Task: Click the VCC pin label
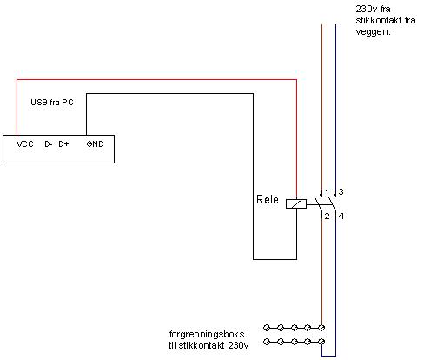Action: coord(25,144)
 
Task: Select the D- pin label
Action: coord(49,144)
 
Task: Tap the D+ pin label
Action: coord(63,144)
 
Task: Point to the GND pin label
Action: coord(95,144)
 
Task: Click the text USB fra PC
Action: coord(52,103)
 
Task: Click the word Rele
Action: coord(268,199)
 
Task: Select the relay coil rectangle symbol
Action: coord(296,204)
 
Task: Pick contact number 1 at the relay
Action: coord(328,192)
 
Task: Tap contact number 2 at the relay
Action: coord(327,217)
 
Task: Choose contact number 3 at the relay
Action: coord(341,192)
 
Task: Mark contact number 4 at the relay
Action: coord(341,217)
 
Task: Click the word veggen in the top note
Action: coord(372,32)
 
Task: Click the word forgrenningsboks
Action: coord(207,334)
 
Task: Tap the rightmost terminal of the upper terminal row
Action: coord(321,328)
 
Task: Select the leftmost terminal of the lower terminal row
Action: coord(267,342)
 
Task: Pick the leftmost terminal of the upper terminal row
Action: coord(267,328)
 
